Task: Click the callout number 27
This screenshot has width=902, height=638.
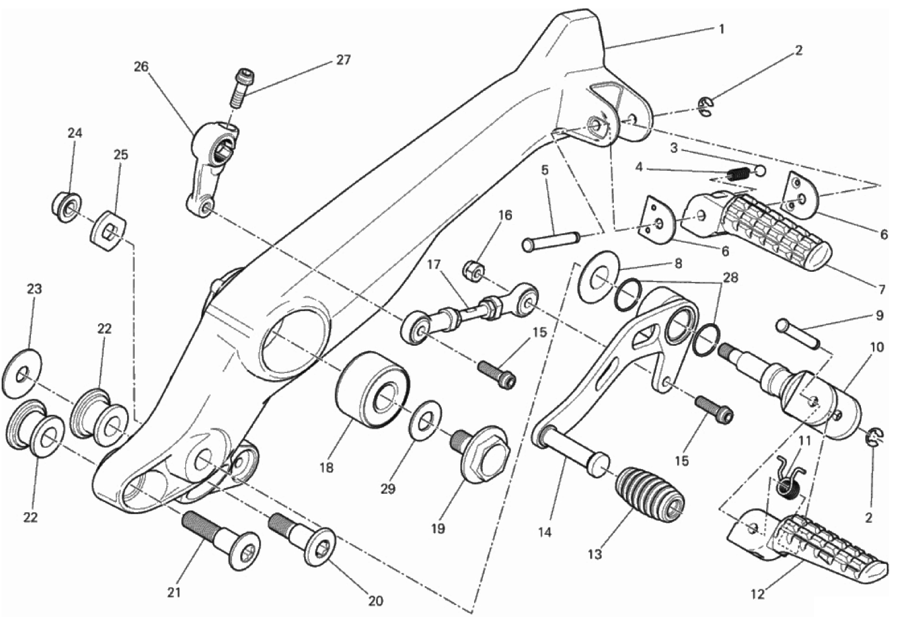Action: tap(343, 60)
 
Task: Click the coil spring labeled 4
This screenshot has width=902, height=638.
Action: tap(736, 173)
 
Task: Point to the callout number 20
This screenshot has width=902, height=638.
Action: tap(375, 601)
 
